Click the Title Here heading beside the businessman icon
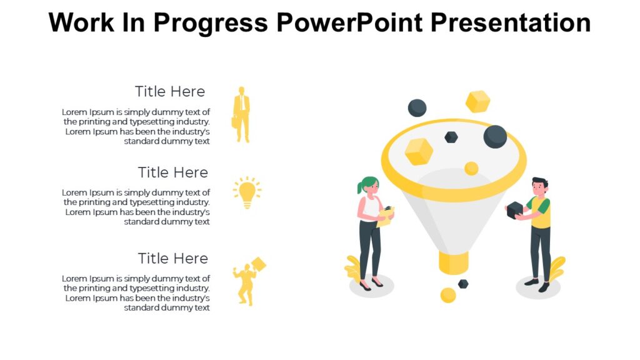point(170,91)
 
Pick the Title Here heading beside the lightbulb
point(172,172)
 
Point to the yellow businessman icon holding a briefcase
point(241,114)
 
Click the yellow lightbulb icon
point(247,191)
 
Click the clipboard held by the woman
point(386,215)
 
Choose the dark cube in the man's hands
point(514,210)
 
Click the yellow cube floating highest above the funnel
point(477,101)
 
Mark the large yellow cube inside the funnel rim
point(419,151)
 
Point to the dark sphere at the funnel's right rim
point(495,136)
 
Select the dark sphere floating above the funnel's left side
point(417,108)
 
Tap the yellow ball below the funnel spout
point(448,295)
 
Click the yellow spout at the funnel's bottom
point(454,262)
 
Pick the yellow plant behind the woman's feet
point(354,269)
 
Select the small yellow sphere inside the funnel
point(471,168)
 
